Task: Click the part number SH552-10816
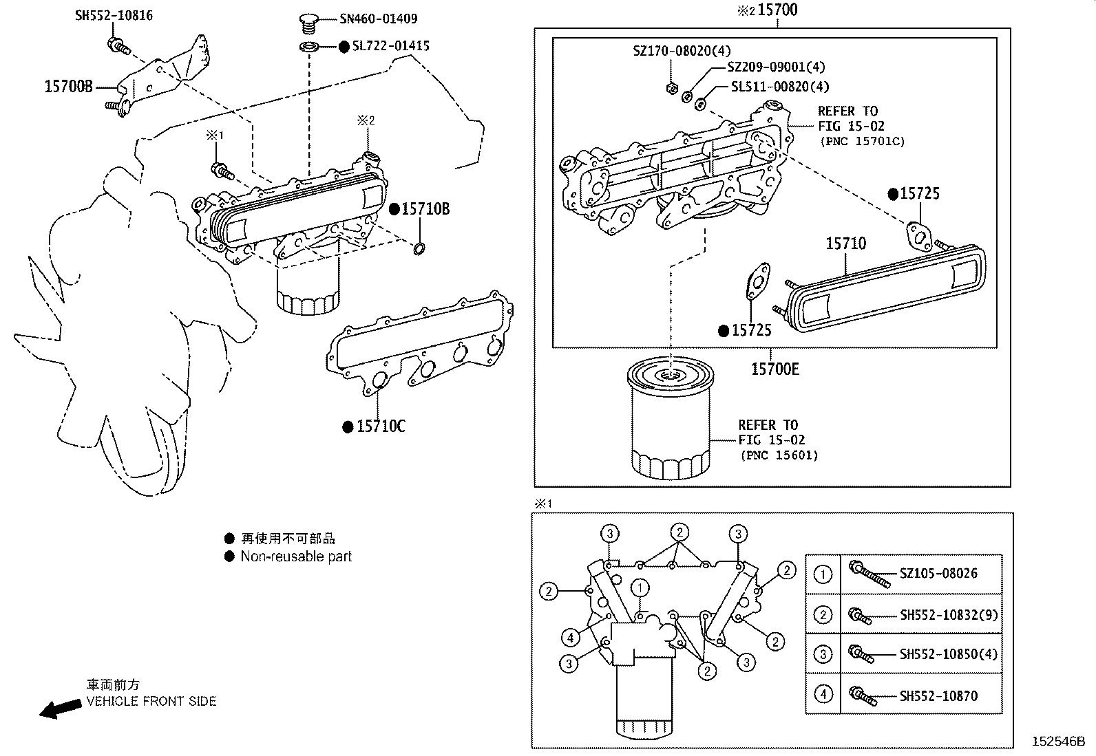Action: click(x=114, y=15)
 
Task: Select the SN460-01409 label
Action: click(x=378, y=19)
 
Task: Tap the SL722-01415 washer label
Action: click(x=390, y=46)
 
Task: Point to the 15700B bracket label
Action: click(x=68, y=87)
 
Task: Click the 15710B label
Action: click(x=425, y=209)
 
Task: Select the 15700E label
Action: click(x=774, y=369)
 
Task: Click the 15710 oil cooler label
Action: click(x=845, y=244)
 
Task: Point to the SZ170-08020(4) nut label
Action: click(x=682, y=51)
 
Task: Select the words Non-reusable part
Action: click(x=295, y=557)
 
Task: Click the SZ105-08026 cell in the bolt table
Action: click(x=938, y=574)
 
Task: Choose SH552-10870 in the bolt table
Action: click(x=938, y=696)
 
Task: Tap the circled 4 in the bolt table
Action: click(x=823, y=694)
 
